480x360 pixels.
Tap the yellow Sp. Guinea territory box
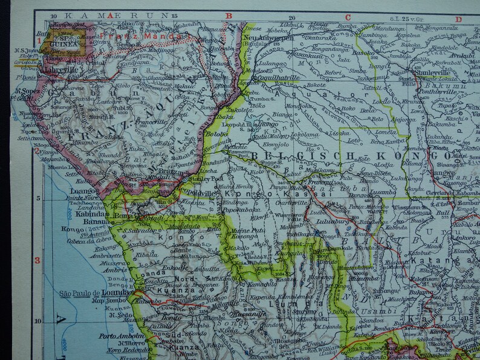pyautogui.click(x=60, y=39)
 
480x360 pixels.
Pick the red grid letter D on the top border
pyautogui.click(x=458, y=19)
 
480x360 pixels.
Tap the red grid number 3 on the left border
pyautogui.click(x=37, y=261)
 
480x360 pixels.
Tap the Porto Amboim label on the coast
pyautogui.click(x=117, y=336)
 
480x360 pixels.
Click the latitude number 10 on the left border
pyautogui.click(x=37, y=321)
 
